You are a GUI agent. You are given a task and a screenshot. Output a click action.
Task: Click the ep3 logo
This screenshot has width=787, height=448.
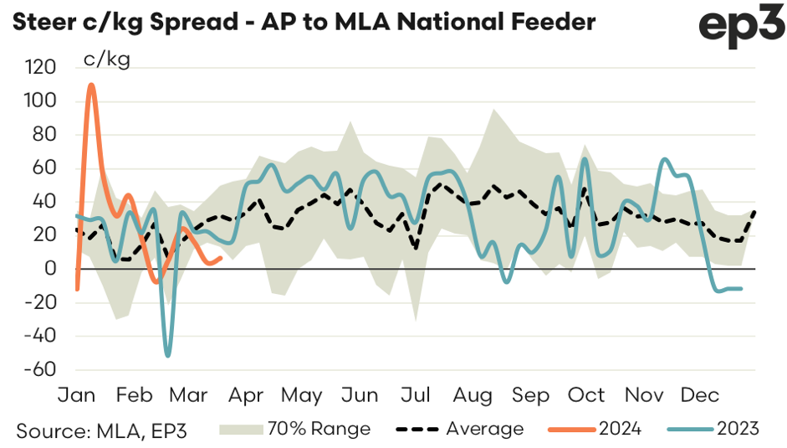739,26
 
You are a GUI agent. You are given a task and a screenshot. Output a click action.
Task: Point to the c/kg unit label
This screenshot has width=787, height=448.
107,59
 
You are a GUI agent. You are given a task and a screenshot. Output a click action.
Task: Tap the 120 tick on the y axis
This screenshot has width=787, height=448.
43,68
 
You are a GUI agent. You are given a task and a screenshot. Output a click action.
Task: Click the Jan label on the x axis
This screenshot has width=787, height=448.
76,395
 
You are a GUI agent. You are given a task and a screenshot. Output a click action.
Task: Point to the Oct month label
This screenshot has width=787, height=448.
587,395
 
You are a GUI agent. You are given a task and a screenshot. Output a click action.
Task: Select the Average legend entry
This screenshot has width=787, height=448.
456,429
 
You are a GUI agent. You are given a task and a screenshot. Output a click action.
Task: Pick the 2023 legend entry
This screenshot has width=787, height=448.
713,429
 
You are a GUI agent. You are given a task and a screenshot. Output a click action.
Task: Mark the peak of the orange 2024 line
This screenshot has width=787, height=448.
91,85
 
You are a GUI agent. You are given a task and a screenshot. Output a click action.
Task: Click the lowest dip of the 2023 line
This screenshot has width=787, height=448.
168,356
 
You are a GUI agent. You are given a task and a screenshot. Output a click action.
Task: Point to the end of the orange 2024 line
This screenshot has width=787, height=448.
220,258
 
